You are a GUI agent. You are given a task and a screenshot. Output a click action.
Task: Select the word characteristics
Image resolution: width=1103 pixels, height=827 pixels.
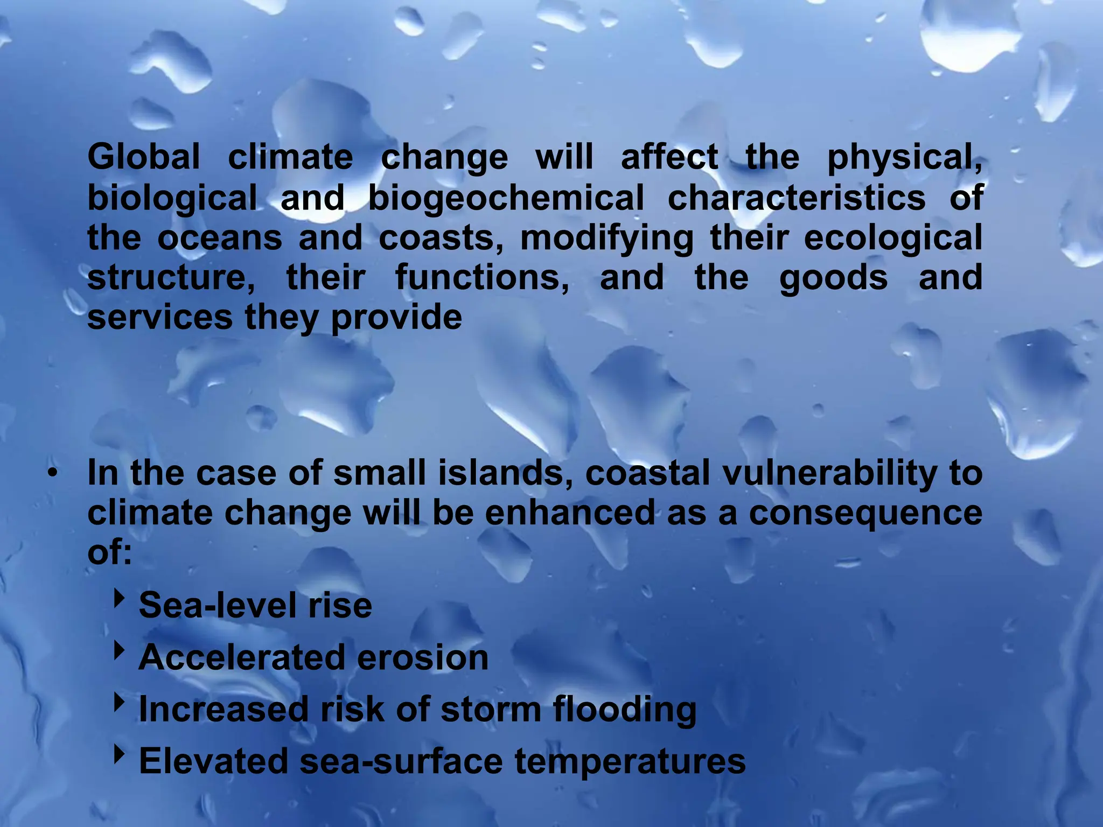point(797,197)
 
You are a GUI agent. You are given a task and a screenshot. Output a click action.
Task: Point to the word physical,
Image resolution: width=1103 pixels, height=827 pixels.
point(904,158)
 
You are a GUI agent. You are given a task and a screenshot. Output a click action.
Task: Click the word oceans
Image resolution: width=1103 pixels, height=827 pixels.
point(219,237)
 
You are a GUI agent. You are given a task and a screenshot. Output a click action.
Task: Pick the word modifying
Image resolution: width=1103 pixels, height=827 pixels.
point(606,239)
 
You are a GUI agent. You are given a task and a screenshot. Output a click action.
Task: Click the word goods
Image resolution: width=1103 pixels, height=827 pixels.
point(833,278)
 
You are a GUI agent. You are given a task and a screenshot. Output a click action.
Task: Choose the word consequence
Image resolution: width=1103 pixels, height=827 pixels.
point(865,513)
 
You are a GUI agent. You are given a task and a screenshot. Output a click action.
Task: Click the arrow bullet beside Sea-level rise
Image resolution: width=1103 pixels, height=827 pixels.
point(118,598)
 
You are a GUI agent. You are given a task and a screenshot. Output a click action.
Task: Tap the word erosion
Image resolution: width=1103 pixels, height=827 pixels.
point(422,657)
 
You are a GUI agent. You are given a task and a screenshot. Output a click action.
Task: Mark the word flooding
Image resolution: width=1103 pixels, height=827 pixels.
point(624,710)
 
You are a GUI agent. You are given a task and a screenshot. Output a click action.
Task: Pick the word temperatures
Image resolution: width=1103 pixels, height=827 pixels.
point(630,761)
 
